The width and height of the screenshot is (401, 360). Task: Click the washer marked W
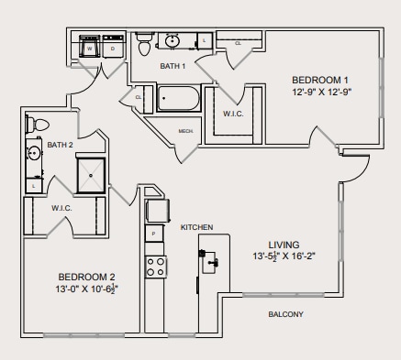(91, 48)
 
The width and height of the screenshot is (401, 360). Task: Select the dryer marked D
(113, 48)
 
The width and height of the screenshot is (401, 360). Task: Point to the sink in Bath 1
(173, 41)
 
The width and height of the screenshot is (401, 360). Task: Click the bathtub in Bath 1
(180, 98)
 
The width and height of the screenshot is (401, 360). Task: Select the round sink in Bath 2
(34, 153)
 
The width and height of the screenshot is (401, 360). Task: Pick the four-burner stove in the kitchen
(156, 267)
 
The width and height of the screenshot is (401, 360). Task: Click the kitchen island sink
(214, 264)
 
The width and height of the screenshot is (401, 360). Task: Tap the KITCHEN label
(196, 226)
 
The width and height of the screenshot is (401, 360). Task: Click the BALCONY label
(285, 314)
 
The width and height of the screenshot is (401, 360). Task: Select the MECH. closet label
(186, 131)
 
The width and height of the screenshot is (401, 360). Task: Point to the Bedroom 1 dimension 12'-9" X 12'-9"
(323, 93)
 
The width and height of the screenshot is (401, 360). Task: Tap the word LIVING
(284, 244)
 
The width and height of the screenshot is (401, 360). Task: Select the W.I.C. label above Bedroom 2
(61, 208)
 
